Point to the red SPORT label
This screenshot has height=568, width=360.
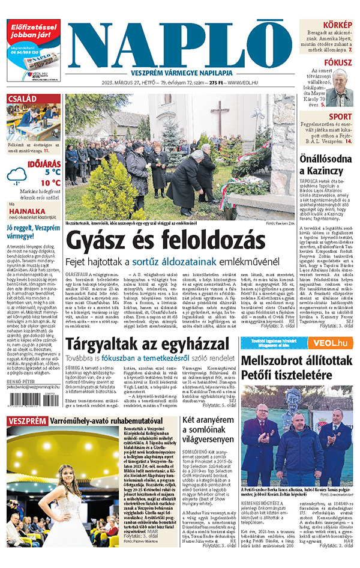[x=340, y=116]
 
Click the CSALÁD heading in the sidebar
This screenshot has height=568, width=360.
[x=22, y=99]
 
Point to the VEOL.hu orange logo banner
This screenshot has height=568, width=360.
[x=329, y=343]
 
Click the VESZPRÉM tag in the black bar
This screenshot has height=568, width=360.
[x=26, y=420]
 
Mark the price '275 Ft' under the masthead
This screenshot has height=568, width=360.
[x=212, y=82]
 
